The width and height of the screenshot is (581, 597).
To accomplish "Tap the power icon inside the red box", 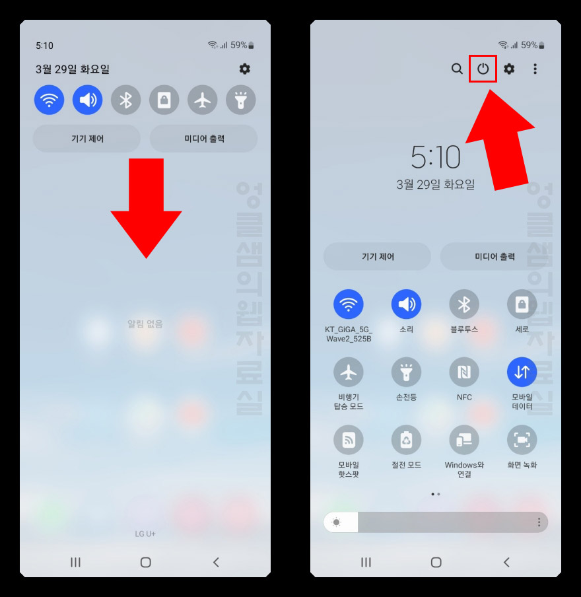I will (x=483, y=69).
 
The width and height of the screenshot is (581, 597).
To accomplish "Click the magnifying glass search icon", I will (x=457, y=69).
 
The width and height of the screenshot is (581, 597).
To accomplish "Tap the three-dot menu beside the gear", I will (x=535, y=69).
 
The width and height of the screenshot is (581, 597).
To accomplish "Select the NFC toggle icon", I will (x=464, y=372).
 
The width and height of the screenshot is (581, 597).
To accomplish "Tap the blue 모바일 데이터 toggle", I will (x=522, y=372).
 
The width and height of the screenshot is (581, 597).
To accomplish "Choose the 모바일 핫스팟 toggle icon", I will (x=349, y=440).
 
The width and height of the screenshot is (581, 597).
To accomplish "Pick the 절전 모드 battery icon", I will (x=406, y=440).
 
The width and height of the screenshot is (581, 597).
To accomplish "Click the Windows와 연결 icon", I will (x=464, y=440).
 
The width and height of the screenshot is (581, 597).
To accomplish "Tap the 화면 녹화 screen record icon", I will (x=522, y=440).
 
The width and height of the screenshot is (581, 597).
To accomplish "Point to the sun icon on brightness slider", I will (x=337, y=522).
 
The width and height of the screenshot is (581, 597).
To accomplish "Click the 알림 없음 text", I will (x=145, y=324).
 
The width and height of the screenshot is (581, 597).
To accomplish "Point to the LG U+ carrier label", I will (x=145, y=534).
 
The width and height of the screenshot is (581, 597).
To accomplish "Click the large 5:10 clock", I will (x=435, y=157).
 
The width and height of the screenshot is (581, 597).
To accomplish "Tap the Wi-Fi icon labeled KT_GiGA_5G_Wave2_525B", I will (x=349, y=304).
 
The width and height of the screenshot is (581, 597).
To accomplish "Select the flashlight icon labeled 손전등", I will (x=406, y=372).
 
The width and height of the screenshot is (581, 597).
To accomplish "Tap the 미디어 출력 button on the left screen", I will (x=203, y=139).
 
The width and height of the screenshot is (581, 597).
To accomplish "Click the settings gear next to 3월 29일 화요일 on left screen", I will (x=245, y=69).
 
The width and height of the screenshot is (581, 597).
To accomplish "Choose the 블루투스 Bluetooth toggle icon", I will (x=464, y=304).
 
